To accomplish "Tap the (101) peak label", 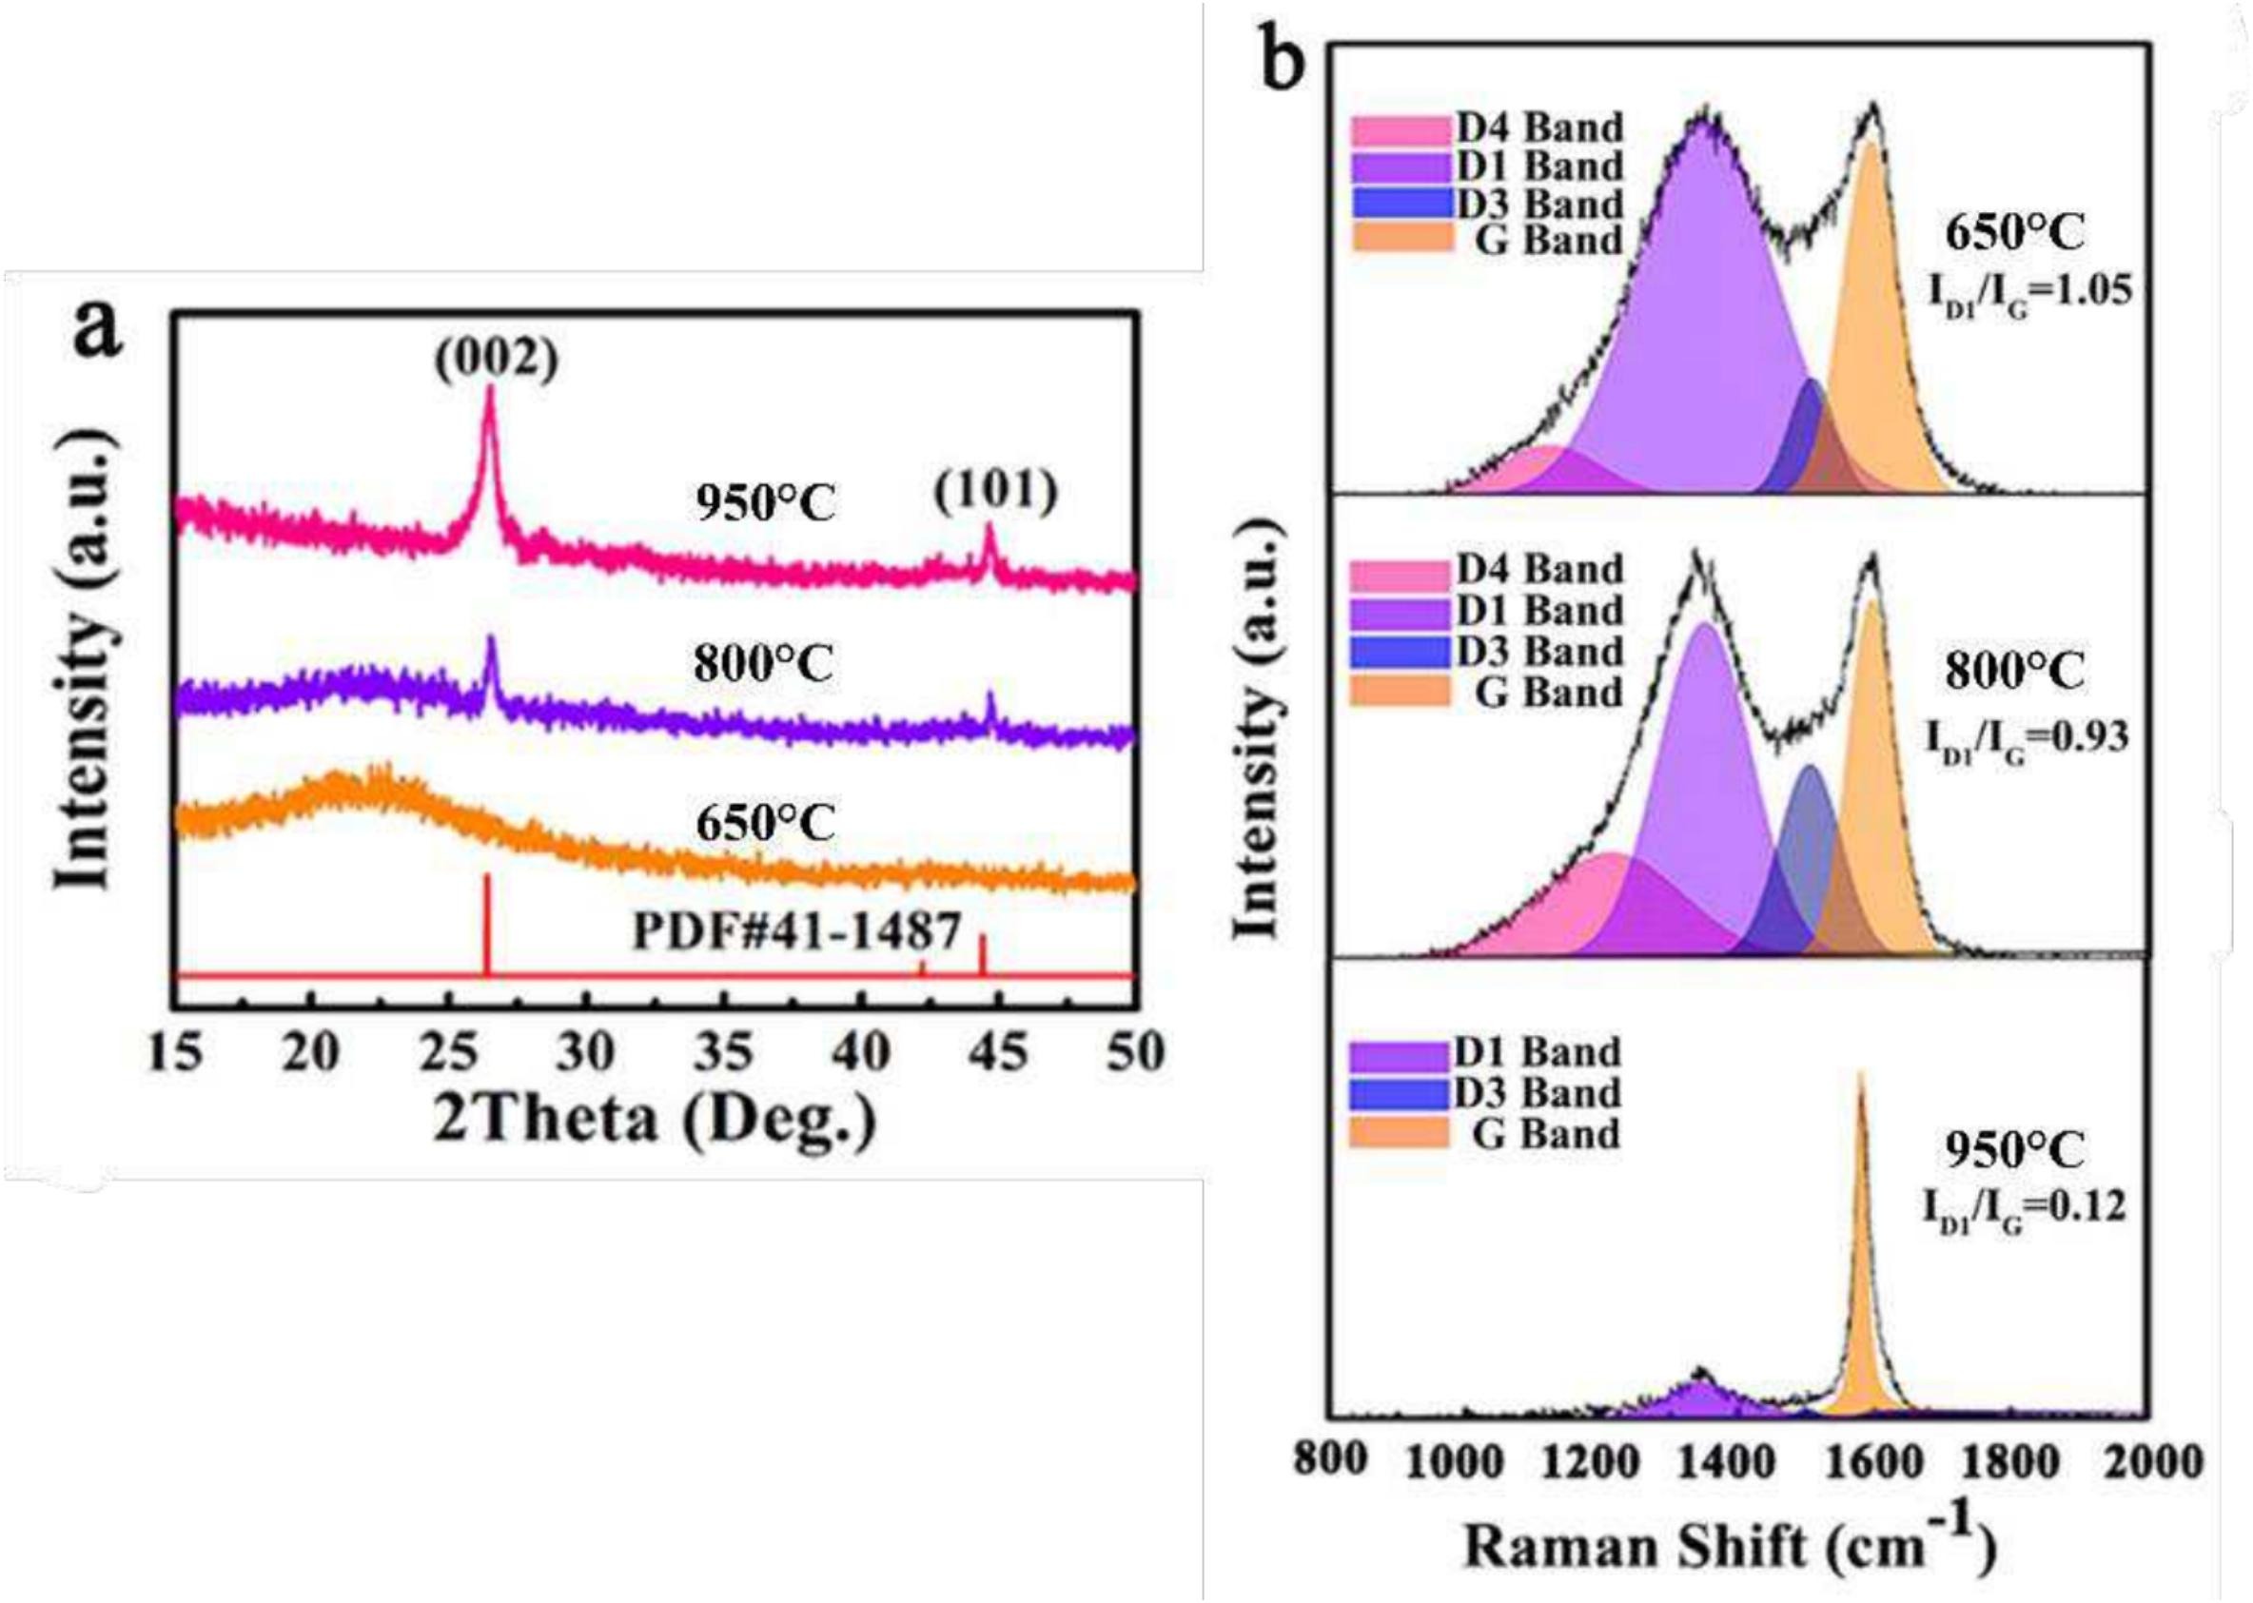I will tap(995, 491).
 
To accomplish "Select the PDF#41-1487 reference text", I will tap(795, 929).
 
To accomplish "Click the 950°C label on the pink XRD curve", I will tap(765, 504).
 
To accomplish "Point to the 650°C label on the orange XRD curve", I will tap(765, 822).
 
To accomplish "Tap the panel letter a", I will tap(99, 332).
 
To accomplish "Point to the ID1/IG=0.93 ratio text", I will tap(2025, 737).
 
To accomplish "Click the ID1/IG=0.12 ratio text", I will tap(2023, 1206).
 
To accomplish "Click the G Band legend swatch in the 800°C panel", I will tap(1400, 692).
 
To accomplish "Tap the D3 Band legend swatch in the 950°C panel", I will tap(1398, 1093).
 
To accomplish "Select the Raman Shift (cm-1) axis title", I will tap(1728, 1546).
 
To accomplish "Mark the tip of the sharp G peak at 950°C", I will tap(1860, 1073).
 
